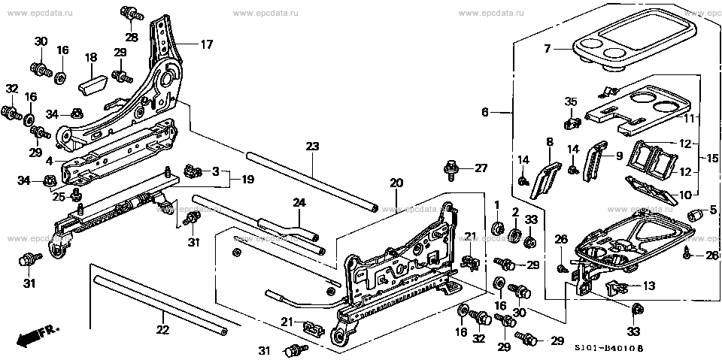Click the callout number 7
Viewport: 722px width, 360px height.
549,49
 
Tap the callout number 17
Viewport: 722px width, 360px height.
206,44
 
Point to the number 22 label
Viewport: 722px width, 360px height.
163,329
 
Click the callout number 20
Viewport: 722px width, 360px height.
396,183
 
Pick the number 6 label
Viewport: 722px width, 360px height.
486,112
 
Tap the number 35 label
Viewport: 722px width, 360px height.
571,102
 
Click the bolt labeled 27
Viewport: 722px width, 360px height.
451,169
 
